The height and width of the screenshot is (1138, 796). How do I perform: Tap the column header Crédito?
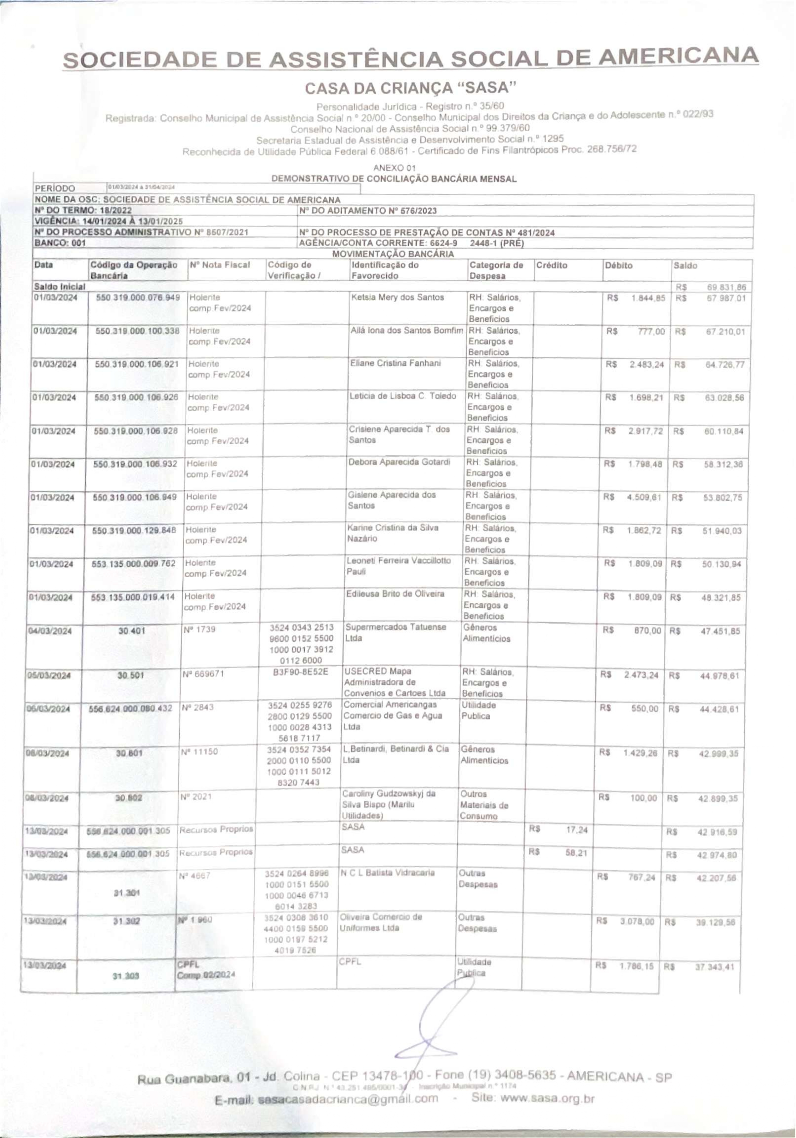pyautogui.click(x=551, y=265)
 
